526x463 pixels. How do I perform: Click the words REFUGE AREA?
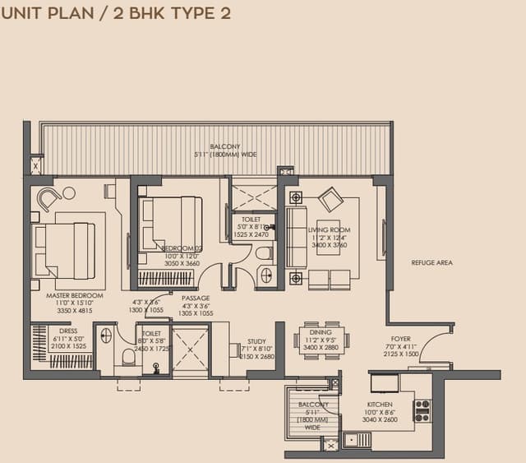pyautogui.click(x=431, y=263)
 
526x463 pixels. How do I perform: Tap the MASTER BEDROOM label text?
pyautogui.click(x=75, y=295)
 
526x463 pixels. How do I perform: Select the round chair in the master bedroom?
pyautogui.click(x=49, y=198)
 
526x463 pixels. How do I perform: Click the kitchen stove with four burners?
pyautogui.click(x=422, y=410)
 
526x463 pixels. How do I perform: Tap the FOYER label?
pyautogui.click(x=401, y=338)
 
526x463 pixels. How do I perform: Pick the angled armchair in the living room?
pyautogui.click(x=331, y=200)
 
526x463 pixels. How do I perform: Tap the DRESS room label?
pyautogui.click(x=68, y=331)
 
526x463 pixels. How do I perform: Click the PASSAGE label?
pyautogui.click(x=195, y=298)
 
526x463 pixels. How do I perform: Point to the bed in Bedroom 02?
pyautogui.click(x=173, y=223)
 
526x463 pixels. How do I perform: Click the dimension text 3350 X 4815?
pyautogui.click(x=75, y=311)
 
